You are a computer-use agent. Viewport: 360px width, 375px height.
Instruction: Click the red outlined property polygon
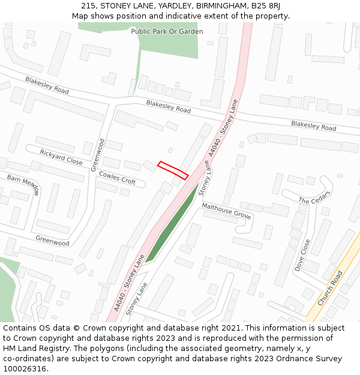pos(173,170)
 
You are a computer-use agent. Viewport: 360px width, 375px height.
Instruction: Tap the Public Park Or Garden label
pos(167,31)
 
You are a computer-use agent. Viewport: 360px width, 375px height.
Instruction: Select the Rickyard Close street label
pos(61,157)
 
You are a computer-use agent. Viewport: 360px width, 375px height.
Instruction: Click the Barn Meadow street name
pos(23,185)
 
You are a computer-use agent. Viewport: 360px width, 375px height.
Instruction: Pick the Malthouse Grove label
pos(226,211)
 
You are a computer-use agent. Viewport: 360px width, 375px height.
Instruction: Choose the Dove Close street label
pos(302,256)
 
